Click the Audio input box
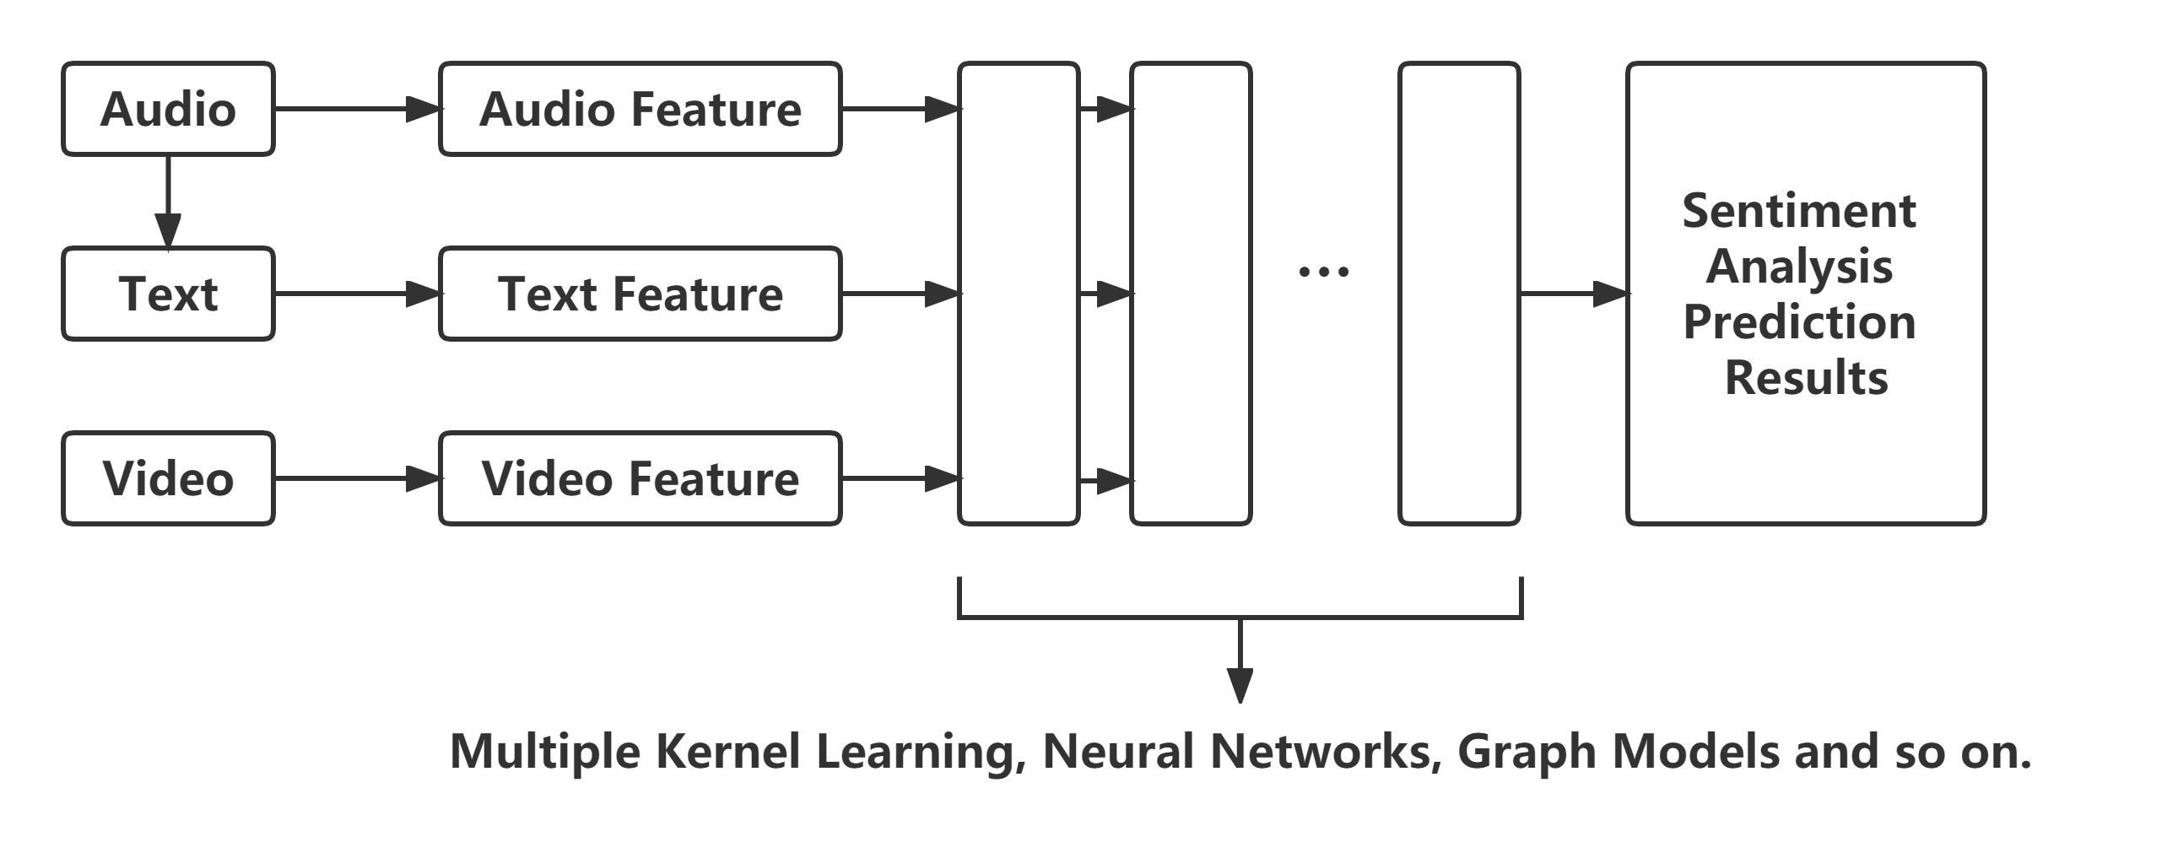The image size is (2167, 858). coord(168,109)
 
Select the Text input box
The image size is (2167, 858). coord(168,294)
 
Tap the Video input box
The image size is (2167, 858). coord(168,478)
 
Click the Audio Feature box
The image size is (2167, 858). coord(640,109)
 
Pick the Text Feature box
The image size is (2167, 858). coord(640,294)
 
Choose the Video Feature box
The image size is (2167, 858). coord(640,478)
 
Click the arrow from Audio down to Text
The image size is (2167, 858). coord(168,202)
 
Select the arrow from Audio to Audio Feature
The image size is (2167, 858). coord(357,109)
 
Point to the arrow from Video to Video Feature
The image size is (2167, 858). coord(357,478)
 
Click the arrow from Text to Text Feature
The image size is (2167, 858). coord(357,294)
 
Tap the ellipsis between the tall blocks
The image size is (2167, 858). coord(1324,272)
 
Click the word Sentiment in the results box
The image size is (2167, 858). coord(1798,210)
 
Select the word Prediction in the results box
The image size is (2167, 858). coord(1798,321)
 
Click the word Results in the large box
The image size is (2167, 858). coord(1806,377)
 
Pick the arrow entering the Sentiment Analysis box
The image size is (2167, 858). coord(1574,294)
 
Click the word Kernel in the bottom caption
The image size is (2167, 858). coord(727,751)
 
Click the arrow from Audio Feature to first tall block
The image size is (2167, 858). coord(900,109)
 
